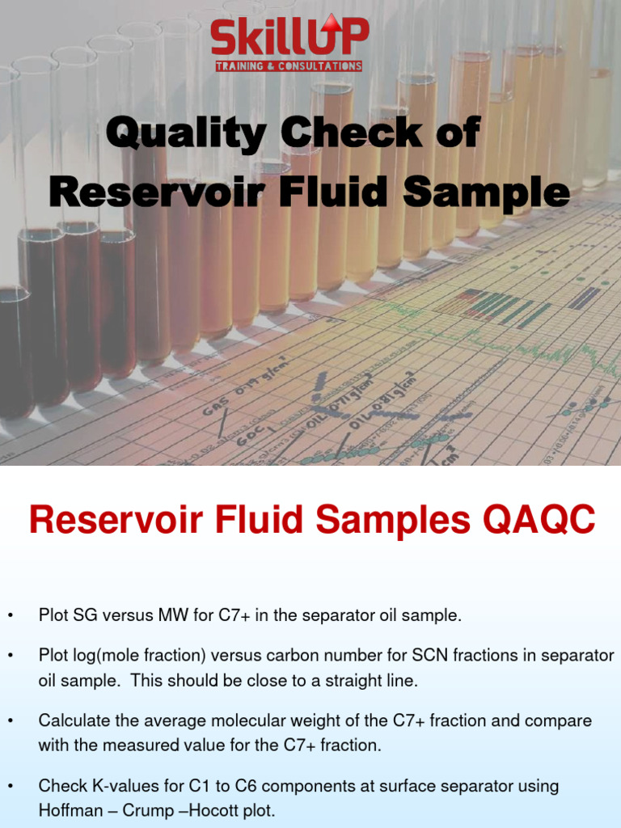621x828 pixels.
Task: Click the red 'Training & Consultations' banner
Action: tap(289, 65)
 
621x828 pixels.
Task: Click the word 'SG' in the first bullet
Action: tap(78, 616)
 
